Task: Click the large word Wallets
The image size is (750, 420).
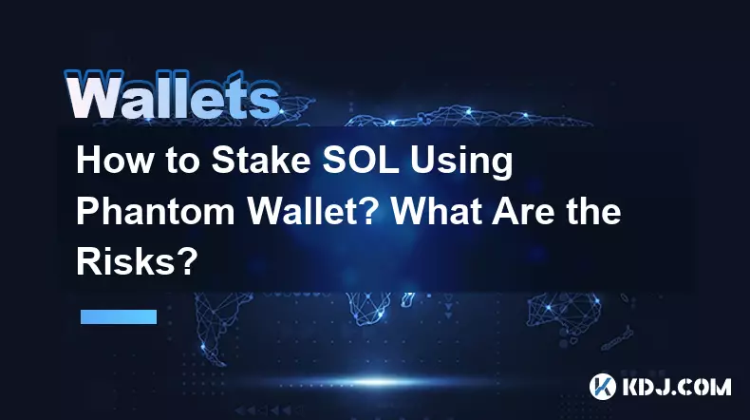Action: [x=172, y=95]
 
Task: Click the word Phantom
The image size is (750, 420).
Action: [x=156, y=211]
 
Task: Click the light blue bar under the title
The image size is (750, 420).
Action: [x=119, y=316]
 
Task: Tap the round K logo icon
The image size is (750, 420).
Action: [x=602, y=387]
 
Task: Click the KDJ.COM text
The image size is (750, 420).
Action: [x=677, y=387]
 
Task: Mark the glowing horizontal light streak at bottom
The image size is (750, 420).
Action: [x=378, y=382]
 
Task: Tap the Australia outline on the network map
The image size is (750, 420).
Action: [x=565, y=312]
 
